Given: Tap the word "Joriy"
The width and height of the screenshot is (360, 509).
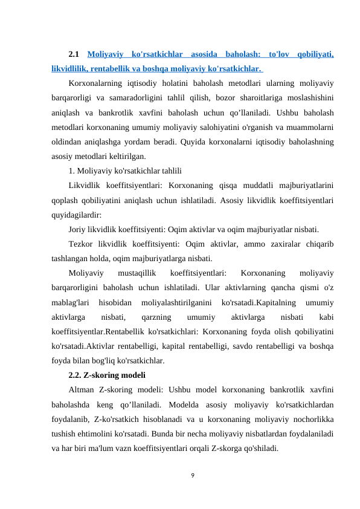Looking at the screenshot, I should click(x=79, y=229).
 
